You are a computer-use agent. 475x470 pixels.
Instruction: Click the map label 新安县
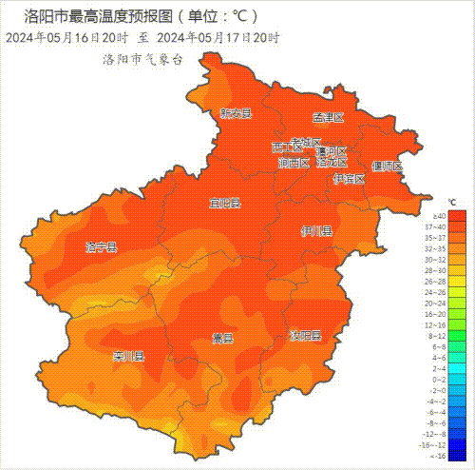click(x=236, y=113)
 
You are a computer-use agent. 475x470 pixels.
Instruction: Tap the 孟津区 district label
click(x=328, y=118)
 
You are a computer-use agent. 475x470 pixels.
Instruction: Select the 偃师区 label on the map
click(x=387, y=166)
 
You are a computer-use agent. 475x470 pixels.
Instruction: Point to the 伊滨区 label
click(x=349, y=179)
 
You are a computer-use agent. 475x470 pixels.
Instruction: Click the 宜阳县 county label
click(x=225, y=204)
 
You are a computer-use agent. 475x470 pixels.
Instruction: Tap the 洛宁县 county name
click(x=101, y=247)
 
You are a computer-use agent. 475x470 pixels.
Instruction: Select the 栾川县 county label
click(x=127, y=358)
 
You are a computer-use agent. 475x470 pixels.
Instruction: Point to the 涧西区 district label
click(x=294, y=163)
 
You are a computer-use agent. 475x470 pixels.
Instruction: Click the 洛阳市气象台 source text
click(x=142, y=59)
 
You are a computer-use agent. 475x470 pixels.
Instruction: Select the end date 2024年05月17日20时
click(x=218, y=38)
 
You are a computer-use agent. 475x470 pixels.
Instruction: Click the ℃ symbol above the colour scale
click(x=452, y=203)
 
